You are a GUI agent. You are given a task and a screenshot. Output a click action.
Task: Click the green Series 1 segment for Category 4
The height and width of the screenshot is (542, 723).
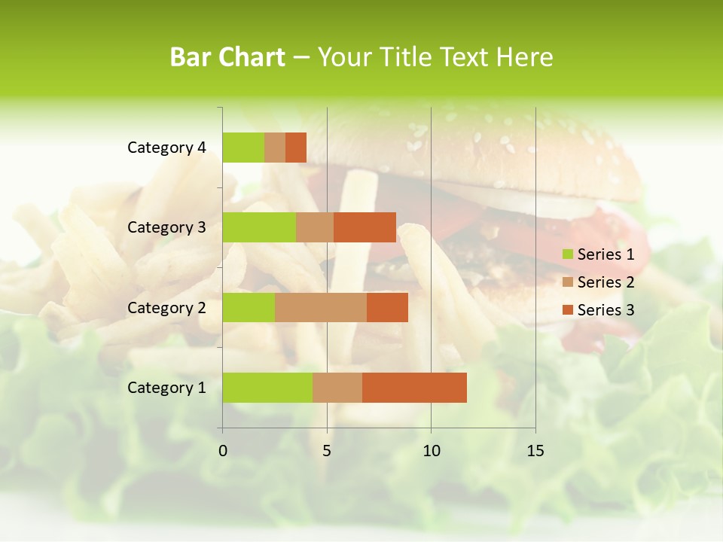click(x=243, y=148)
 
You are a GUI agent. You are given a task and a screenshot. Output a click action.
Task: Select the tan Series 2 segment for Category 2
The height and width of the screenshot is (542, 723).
click(x=321, y=307)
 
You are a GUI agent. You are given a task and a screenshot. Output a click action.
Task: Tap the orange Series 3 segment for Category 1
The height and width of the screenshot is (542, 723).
click(x=414, y=387)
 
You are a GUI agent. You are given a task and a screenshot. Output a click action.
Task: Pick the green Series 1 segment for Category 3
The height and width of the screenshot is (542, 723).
click(x=259, y=227)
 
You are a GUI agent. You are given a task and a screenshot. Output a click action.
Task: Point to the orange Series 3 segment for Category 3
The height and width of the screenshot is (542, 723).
click(x=365, y=227)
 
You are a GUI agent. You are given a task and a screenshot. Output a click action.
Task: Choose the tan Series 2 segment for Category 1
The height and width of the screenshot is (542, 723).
click(x=337, y=387)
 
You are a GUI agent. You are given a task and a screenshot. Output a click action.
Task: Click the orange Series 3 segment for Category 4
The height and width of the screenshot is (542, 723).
click(x=296, y=148)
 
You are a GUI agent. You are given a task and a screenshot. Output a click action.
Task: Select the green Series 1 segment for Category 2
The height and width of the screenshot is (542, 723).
click(x=249, y=307)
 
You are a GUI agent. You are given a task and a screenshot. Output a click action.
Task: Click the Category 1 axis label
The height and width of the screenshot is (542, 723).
click(x=166, y=388)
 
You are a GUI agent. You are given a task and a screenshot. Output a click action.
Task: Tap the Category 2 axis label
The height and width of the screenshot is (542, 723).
click(x=166, y=308)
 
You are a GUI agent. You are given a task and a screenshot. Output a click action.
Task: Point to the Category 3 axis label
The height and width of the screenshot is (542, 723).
click(x=166, y=227)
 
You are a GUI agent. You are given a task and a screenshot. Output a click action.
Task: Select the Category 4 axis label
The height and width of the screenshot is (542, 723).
click(x=166, y=148)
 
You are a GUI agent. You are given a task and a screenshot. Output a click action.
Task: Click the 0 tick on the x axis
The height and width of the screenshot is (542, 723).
click(x=223, y=451)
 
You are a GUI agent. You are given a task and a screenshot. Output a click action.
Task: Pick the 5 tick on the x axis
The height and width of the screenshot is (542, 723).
click(x=327, y=451)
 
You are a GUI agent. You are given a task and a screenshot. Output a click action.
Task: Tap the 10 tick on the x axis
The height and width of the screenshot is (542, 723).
click(x=431, y=451)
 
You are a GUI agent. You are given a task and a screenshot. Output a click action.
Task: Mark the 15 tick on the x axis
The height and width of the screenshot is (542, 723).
click(x=535, y=451)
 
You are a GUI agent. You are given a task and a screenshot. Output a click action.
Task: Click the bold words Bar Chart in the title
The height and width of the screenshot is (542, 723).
click(x=227, y=57)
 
